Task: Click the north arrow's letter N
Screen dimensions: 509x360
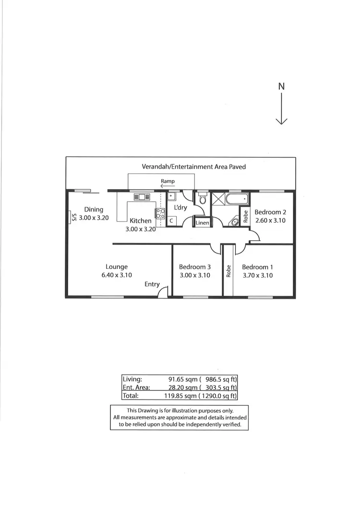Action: point(281,86)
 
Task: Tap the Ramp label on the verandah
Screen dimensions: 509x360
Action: point(168,182)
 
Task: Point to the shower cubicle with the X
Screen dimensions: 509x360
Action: point(218,199)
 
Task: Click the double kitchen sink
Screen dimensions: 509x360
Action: point(142,196)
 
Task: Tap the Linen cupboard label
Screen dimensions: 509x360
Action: point(202,223)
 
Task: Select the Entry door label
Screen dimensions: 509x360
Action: point(152,284)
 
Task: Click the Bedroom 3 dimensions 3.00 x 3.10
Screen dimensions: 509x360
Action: point(195,275)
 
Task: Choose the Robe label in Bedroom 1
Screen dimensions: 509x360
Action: point(228,271)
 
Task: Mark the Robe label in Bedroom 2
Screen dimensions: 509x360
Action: point(245,216)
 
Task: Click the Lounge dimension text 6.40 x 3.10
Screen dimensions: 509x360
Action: point(117,275)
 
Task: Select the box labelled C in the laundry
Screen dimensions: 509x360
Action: point(171,221)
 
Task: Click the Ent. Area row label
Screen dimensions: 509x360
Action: point(136,388)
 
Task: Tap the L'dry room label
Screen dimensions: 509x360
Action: point(180,207)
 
